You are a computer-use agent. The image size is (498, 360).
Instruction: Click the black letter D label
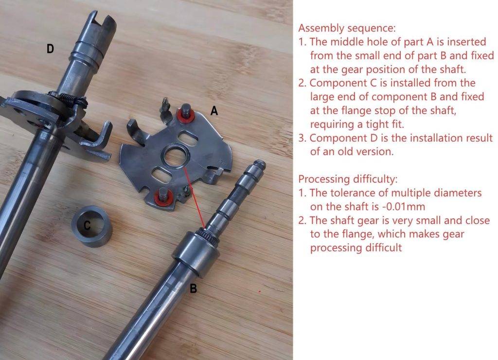(50, 49)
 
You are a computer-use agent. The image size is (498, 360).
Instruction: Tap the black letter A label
(214, 111)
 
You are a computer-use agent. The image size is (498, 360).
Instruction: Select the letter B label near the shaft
(193, 288)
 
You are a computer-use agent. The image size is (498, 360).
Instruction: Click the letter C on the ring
(87, 225)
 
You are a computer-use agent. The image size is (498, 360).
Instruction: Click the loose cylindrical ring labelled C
(92, 226)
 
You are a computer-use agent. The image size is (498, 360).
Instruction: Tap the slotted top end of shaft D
(101, 24)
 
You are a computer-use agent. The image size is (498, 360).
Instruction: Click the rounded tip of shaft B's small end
(260, 164)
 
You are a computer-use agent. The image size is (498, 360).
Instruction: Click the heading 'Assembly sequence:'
(347, 28)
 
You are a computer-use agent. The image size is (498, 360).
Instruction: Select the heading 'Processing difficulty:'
(348, 179)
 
